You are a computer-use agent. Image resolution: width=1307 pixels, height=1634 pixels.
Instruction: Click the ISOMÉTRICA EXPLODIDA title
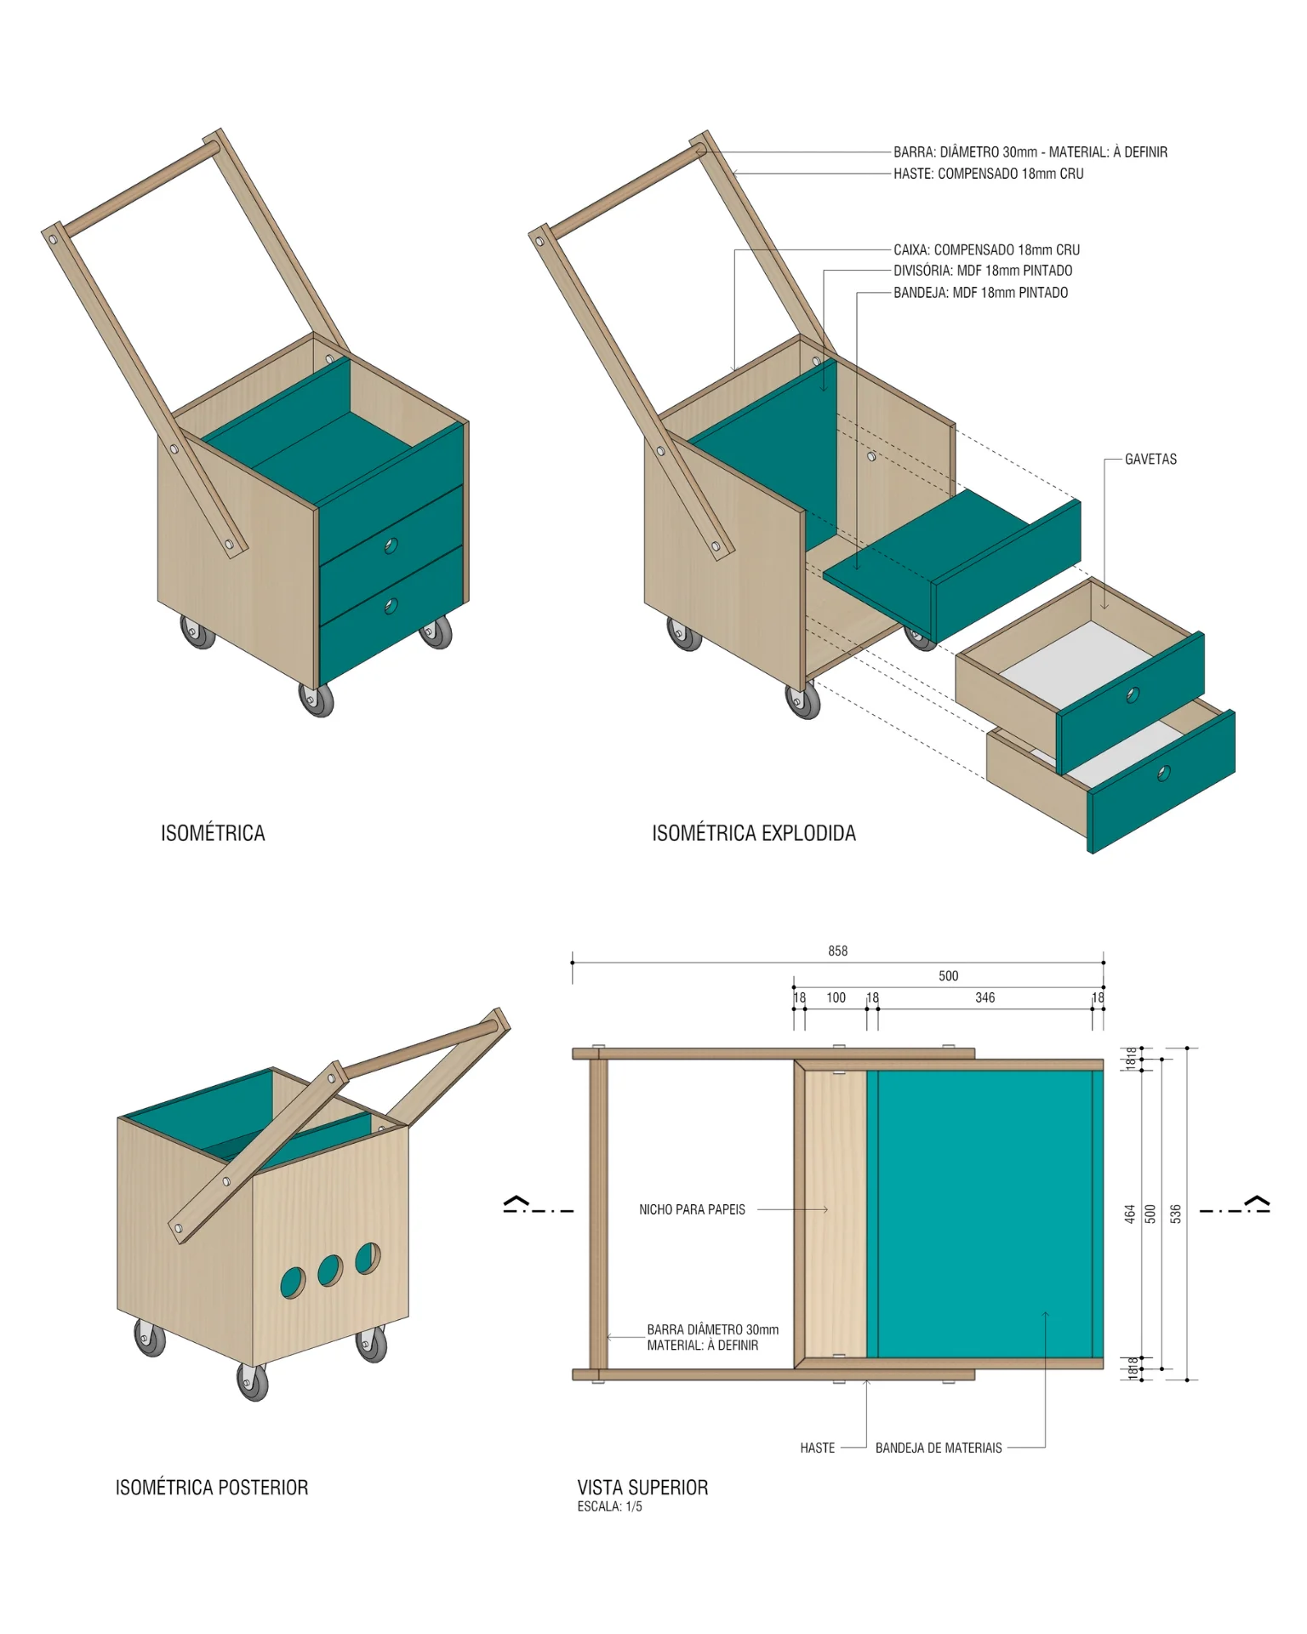(754, 833)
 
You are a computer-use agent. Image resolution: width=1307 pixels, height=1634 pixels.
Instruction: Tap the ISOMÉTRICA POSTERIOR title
(212, 1488)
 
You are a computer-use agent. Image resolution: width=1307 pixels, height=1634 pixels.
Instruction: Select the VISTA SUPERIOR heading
(642, 1488)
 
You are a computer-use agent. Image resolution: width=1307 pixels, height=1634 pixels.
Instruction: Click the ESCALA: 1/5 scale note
(609, 1506)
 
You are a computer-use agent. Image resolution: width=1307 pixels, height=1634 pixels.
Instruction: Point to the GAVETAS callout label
(1150, 460)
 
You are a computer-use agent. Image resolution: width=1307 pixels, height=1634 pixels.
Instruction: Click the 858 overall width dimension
(838, 951)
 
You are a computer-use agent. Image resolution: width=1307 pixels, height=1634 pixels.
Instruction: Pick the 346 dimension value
(985, 997)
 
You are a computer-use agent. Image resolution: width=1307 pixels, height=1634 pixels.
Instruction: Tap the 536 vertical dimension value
(1176, 1214)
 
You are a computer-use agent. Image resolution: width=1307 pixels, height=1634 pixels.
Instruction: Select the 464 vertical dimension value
(1130, 1214)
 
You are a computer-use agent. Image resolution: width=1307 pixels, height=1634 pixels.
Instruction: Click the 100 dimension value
(836, 997)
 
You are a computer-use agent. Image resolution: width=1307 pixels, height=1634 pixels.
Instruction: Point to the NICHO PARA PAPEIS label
(692, 1209)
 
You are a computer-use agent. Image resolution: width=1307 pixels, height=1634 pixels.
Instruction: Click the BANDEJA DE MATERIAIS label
(939, 1448)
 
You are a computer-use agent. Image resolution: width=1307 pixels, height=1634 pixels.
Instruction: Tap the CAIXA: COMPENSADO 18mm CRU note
(986, 250)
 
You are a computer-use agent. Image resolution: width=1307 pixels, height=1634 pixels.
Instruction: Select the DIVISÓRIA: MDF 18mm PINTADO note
(983, 271)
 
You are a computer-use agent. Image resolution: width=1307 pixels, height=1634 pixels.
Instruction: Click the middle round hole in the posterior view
(330, 1271)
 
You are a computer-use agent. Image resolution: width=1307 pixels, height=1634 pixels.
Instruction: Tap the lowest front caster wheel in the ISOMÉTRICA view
(317, 700)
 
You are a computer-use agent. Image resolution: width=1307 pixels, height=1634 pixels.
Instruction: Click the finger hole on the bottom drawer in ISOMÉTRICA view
(391, 606)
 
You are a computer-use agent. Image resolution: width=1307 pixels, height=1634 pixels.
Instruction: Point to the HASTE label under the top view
(817, 1448)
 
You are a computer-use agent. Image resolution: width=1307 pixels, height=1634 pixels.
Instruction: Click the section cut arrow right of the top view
(1258, 1203)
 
